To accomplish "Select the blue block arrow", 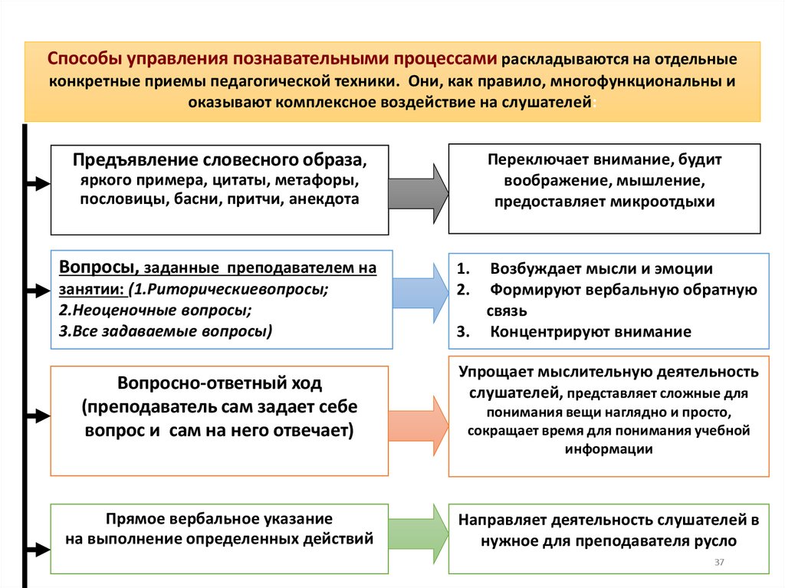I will pyautogui.click(x=420, y=292).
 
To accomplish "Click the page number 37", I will pyautogui.click(x=719, y=563).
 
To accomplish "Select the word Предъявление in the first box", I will pyautogui.click(x=135, y=161).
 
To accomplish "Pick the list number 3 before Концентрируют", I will pyautogui.click(x=461, y=332).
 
